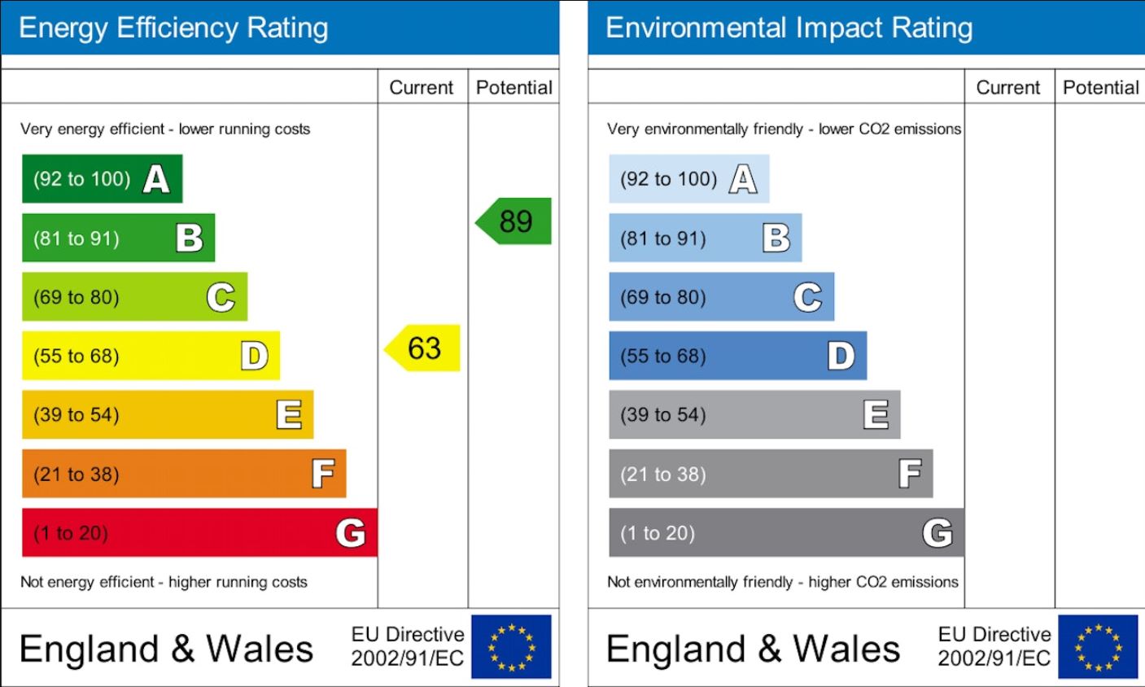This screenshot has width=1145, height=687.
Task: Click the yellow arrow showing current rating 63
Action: point(423,348)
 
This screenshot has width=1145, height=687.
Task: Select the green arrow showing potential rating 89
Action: point(514,221)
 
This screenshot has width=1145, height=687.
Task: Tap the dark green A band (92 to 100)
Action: point(102,179)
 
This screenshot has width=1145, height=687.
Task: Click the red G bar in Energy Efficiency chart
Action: point(199,533)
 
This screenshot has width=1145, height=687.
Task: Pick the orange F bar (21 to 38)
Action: point(184,474)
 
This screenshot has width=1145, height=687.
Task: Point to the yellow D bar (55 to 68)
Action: point(151,356)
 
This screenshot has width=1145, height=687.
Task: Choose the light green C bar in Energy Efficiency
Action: point(134,297)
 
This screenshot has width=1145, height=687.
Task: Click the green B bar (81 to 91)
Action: point(118,238)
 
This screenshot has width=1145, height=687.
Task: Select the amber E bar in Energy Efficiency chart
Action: point(167,415)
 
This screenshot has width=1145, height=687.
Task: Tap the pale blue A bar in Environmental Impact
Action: point(688,179)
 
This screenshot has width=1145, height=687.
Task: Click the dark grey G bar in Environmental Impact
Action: point(786,533)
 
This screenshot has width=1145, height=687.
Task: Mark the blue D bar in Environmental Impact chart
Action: point(737,356)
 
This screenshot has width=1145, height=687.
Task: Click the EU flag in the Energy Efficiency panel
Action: point(511,647)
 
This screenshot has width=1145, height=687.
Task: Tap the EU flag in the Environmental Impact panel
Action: point(1098,647)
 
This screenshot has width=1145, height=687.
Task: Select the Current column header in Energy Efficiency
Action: point(422,87)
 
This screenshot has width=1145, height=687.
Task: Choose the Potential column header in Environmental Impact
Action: point(1100,87)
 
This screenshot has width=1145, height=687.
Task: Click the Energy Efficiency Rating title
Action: point(173,28)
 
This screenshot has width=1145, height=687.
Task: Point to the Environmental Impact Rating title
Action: point(789,28)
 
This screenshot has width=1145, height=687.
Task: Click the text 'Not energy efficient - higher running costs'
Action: point(164,582)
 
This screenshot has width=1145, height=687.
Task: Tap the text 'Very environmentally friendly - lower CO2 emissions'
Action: point(784,129)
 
